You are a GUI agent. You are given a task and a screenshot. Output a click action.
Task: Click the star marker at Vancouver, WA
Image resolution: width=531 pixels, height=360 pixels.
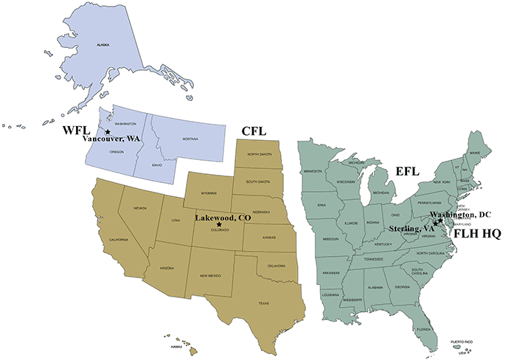coord(108,132)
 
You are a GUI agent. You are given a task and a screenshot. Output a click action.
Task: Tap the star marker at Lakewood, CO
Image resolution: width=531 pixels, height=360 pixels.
coord(219,225)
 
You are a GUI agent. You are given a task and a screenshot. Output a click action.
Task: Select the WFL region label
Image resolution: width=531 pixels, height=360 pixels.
coord(74,131)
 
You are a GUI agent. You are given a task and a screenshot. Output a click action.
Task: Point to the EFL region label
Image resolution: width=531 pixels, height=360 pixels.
coord(405,171)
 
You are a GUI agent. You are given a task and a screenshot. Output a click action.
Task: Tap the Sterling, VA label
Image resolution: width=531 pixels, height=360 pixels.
coord(412,229)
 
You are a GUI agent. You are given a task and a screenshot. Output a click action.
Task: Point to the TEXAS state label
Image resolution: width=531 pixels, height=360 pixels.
coord(264,302)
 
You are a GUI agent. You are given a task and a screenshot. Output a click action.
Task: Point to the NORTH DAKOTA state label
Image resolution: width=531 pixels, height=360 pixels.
coord(260,154)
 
